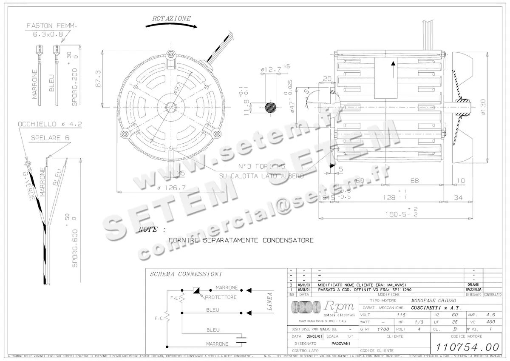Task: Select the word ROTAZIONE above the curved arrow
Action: tap(171, 19)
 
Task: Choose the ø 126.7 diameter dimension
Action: tap(172, 188)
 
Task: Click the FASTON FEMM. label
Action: tap(52, 26)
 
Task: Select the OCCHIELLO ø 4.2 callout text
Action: tap(50, 124)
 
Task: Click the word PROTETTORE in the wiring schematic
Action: tap(221, 297)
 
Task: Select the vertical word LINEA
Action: tap(269, 302)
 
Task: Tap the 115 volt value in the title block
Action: tap(401, 315)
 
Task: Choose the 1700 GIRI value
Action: tap(383, 329)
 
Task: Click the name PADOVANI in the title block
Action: tap(341, 343)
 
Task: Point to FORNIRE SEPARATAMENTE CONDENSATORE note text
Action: tap(241, 240)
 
